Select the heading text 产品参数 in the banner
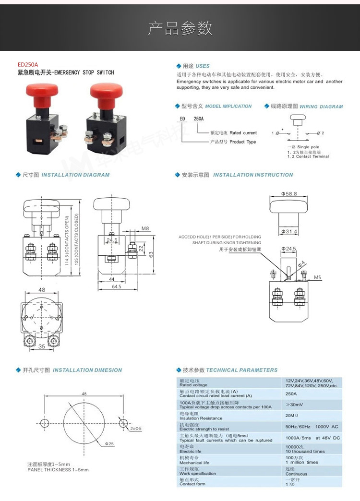(180, 28)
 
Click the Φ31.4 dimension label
(289, 232)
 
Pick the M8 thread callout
(145, 229)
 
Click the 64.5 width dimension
(117, 286)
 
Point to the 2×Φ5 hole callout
(136, 428)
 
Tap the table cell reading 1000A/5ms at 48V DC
(312, 438)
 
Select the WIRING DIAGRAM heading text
(321, 107)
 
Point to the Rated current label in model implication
(243, 133)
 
